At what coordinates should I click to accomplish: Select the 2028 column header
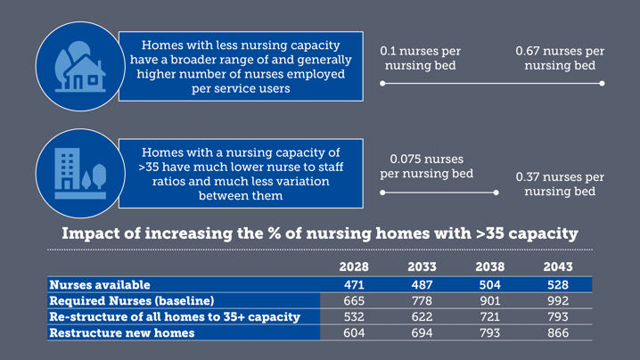[354, 267]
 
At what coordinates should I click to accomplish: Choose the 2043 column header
[558, 267]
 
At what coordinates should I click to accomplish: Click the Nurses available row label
[100, 284]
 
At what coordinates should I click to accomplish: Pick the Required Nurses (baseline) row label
[131, 300]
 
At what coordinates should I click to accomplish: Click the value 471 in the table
[354, 284]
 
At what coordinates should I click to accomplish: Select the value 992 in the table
[558, 300]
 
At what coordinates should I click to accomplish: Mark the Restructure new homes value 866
[558, 332]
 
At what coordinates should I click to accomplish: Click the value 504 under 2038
[489, 284]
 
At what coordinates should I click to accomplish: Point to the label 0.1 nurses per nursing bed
[421, 59]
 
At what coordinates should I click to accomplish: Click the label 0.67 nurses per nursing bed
[560, 59]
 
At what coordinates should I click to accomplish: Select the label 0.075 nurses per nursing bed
[426, 166]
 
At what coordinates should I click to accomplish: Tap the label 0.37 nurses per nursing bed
[560, 184]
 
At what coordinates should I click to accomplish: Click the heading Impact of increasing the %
[319, 234]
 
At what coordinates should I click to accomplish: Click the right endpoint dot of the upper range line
[602, 83]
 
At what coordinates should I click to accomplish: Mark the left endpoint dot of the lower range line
[382, 192]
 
